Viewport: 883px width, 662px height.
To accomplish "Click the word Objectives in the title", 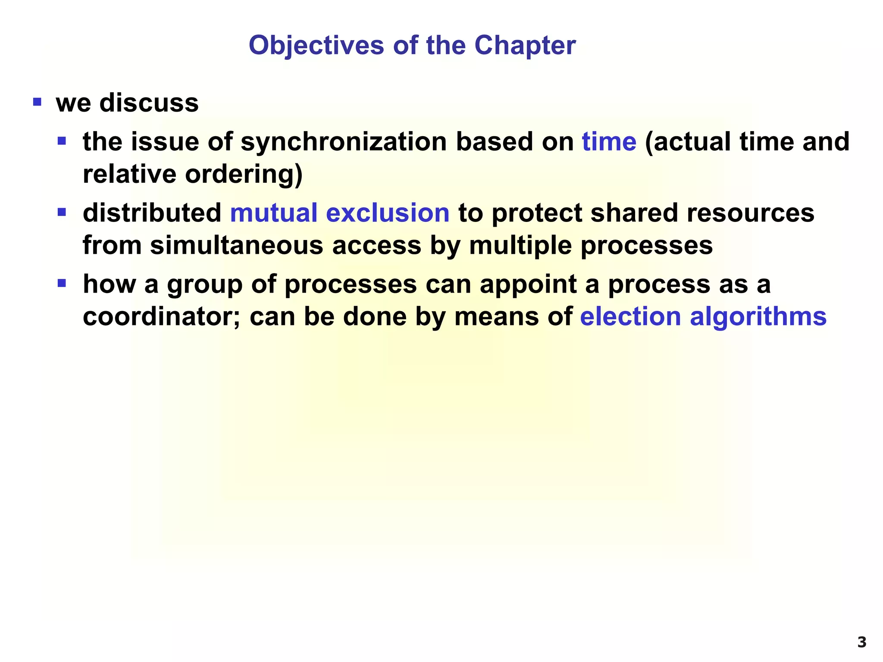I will coord(316,46).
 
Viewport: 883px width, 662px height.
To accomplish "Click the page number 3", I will coord(861,643).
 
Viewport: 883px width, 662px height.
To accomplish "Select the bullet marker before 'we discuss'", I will coord(37,103).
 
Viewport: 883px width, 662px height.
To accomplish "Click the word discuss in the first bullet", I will coord(149,103).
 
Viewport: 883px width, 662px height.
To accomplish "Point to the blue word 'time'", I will coord(609,142).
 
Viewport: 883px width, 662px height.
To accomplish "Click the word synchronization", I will coord(343,142).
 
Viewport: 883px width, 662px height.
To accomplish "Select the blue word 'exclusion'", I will coord(388,213).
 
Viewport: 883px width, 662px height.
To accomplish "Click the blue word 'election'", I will coord(630,316).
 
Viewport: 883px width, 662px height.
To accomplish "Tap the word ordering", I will coord(244,175).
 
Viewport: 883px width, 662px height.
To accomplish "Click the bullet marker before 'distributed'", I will coord(62,212).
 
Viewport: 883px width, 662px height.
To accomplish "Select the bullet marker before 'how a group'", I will coord(62,284).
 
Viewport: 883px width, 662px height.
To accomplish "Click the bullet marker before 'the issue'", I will coord(62,141).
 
